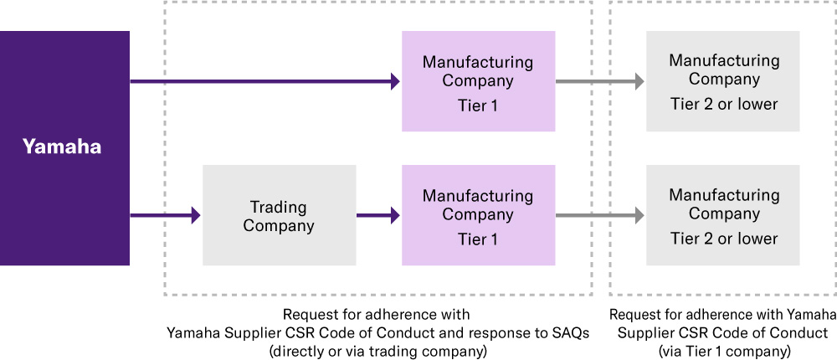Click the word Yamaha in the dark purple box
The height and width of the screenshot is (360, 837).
[62, 147]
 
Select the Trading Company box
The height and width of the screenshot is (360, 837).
[279, 215]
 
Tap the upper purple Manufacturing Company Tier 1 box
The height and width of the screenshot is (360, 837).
[478, 81]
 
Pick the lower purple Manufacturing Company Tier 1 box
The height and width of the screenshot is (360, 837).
[478, 215]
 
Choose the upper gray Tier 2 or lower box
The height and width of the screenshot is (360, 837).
[723, 81]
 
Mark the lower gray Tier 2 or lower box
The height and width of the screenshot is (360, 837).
[723, 215]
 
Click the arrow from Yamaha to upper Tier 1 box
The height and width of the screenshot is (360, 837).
[264, 81]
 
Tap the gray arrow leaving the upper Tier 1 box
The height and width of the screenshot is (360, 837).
[599, 81]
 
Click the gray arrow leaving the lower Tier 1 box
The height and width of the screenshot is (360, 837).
[599, 215]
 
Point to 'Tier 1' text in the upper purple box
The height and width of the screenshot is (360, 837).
[478, 105]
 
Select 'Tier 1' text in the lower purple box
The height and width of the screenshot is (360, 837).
[478, 239]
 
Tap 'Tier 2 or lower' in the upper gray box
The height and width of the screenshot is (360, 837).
[723, 105]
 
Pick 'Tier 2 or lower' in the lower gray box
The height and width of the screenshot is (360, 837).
[723, 239]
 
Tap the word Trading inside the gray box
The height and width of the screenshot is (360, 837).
[279, 207]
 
